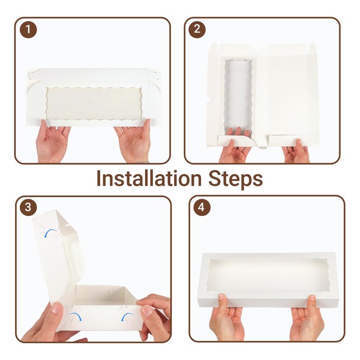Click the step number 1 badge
28,29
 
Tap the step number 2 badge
197,29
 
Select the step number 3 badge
28,207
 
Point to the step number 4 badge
201,207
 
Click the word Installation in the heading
149,178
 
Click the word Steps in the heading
235,179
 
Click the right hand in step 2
296,151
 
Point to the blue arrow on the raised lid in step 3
51,233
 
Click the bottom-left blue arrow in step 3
75,316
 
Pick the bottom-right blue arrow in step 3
128,317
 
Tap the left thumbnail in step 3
57,308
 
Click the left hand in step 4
226,319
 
